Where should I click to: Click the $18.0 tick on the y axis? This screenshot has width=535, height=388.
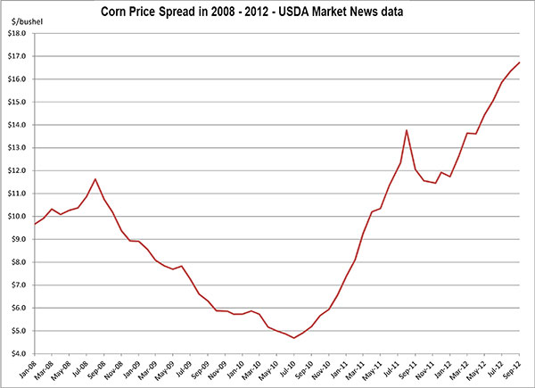(18, 33)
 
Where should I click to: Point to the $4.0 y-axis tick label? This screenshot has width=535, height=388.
(18, 353)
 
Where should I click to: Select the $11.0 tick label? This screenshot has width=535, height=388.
(18, 194)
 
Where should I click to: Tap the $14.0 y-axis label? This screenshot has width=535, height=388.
(18, 125)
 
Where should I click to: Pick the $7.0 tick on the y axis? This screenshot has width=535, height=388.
(18, 285)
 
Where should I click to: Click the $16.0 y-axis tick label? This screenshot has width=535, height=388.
(18, 79)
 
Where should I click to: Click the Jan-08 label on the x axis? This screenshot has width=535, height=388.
(34, 371)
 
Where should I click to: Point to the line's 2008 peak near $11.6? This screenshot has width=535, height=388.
(95, 179)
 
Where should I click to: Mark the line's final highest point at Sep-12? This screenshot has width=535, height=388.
(520, 62)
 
